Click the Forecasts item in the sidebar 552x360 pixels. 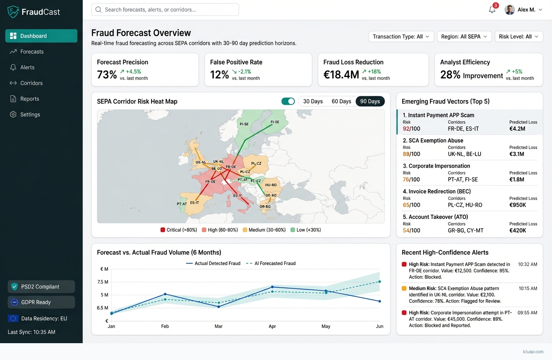(x=32, y=52)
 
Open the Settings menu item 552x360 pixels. (x=30, y=114)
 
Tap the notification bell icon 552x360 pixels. (x=492, y=10)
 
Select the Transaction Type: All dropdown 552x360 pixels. (x=401, y=37)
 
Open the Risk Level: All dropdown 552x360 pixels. (x=518, y=37)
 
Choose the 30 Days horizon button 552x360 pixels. (x=313, y=101)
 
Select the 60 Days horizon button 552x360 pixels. (x=341, y=101)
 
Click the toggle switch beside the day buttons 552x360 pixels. (x=288, y=101)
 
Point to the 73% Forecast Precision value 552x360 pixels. (x=107, y=75)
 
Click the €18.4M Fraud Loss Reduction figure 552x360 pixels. (x=341, y=75)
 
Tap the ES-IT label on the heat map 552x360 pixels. (x=194, y=203)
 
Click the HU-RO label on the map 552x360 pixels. (x=271, y=185)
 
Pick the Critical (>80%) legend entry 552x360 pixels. (x=179, y=230)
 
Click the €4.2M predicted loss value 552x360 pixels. (x=517, y=129)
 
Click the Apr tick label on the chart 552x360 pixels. (x=272, y=326)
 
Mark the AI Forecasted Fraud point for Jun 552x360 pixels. (x=379, y=281)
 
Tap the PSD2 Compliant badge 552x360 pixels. (x=41, y=287)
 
